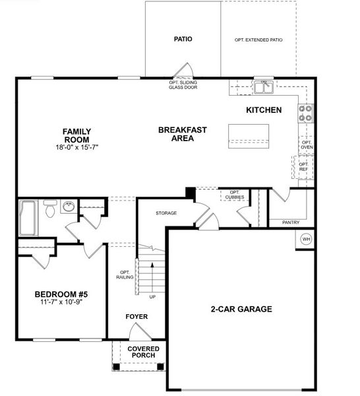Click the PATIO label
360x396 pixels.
(x=183, y=39)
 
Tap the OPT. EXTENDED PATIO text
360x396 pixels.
(x=258, y=40)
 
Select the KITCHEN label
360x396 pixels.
(x=264, y=110)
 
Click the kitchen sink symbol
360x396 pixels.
(x=264, y=86)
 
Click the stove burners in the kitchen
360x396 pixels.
(x=306, y=114)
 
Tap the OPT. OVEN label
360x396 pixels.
(x=307, y=145)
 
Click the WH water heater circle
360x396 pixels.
(x=306, y=239)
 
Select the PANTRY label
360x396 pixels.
(x=291, y=222)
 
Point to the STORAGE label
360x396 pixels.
(x=166, y=214)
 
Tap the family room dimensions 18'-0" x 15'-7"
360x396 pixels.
(x=76, y=148)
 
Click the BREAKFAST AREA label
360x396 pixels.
(x=182, y=134)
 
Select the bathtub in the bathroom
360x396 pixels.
(x=28, y=218)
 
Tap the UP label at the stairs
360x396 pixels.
(x=153, y=297)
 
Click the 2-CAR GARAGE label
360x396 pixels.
(x=241, y=309)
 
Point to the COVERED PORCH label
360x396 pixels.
(x=142, y=352)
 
